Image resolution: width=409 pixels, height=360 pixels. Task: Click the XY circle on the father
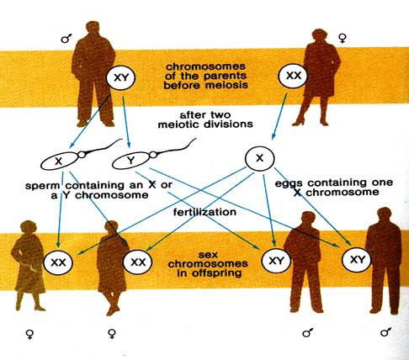(x=120, y=77)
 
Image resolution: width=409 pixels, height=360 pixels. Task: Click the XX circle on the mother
(x=293, y=76)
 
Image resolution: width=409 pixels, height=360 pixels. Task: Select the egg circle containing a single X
(x=260, y=159)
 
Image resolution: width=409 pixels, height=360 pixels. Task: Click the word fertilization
(x=204, y=212)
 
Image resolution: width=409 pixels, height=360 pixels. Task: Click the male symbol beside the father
(x=66, y=38)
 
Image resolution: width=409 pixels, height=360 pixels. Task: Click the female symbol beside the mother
(x=342, y=39)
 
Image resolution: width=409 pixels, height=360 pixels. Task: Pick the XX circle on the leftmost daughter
(x=58, y=262)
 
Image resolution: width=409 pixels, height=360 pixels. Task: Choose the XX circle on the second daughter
(x=138, y=262)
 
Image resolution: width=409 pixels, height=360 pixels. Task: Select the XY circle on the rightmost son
(x=357, y=260)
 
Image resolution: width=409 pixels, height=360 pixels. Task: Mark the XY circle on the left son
(x=276, y=261)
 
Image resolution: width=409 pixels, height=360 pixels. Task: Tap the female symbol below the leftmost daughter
(x=29, y=334)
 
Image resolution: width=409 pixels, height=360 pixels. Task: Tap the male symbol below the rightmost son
(x=385, y=331)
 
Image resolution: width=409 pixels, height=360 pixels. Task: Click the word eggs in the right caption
(x=289, y=183)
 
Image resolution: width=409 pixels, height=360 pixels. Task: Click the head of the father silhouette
(x=93, y=29)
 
